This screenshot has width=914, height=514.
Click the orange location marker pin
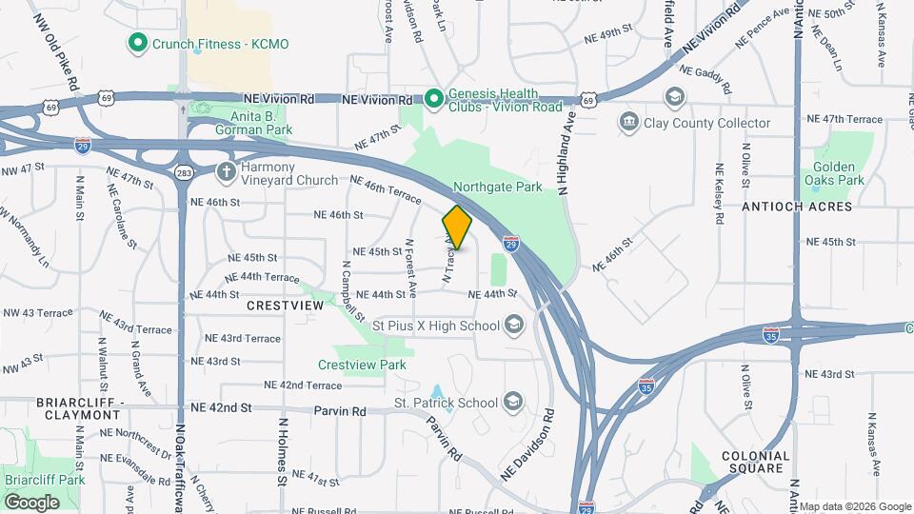(x=457, y=227)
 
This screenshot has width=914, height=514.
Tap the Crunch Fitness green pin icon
(x=137, y=43)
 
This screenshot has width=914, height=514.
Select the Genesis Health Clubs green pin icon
(x=434, y=98)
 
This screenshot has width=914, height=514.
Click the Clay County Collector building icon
(x=628, y=122)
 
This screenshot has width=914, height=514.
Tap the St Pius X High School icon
(x=514, y=326)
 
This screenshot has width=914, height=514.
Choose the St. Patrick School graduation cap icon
(x=514, y=403)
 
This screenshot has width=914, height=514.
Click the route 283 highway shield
(x=185, y=172)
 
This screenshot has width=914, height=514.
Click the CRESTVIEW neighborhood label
(x=285, y=306)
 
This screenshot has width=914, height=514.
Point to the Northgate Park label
(x=497, y=187)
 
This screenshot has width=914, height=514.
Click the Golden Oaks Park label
(x=833, y=173)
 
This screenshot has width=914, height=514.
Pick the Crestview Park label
(x=362, y=365)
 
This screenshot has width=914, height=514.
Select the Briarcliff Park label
(x=44, y=480)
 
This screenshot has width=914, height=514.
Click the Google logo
(x=32, y=502)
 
